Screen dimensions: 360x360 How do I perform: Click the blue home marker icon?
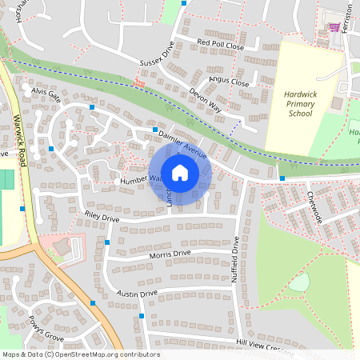point(180,172)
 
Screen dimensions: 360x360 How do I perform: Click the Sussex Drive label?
point(156,60)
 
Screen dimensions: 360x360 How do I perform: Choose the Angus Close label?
point(229,82)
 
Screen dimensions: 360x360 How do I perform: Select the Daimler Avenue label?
point(183,141)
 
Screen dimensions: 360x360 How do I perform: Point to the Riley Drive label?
point(102,218)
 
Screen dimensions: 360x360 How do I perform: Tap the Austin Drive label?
point(137,294)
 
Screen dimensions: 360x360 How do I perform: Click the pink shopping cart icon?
point(334,27)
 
